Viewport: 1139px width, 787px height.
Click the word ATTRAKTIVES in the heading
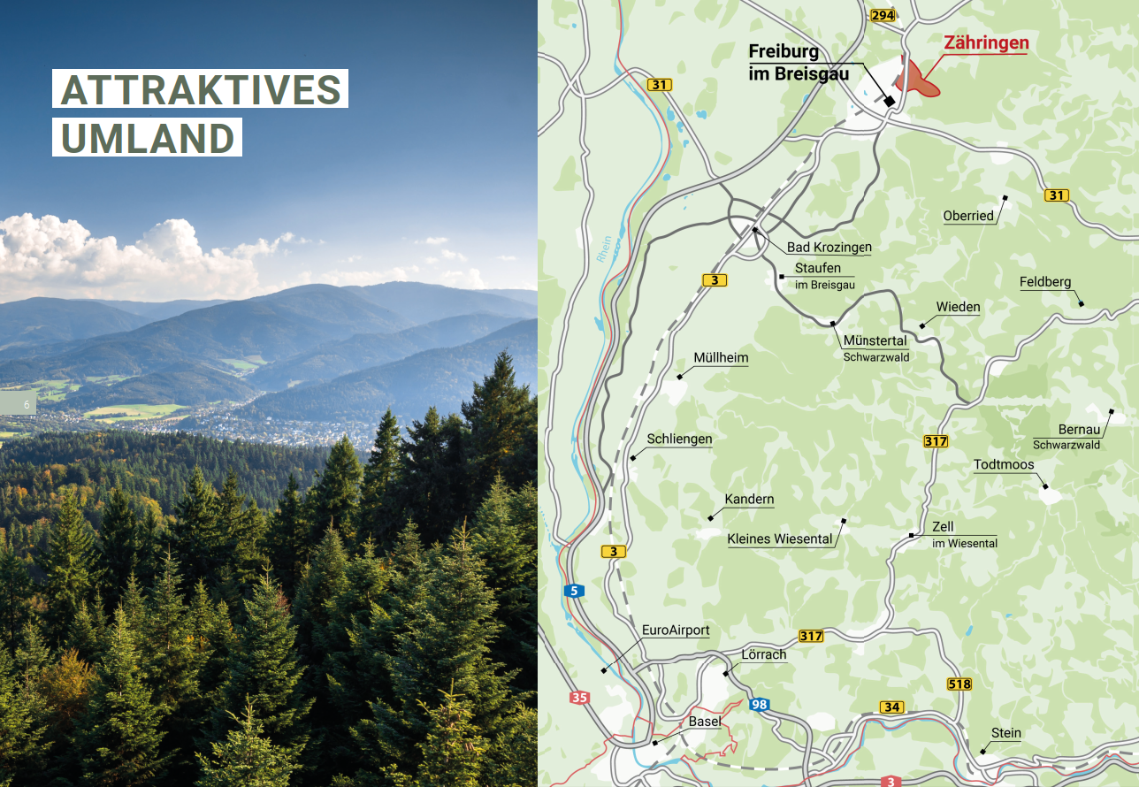(201, 89)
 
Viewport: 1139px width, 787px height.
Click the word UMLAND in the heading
(148, 138)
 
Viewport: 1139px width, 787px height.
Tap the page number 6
(27, 405)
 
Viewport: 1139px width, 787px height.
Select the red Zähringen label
(986, 42)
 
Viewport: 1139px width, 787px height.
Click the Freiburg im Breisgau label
(798, 63)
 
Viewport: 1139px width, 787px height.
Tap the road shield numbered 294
(883, 15)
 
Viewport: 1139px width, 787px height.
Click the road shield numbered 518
(959, 684)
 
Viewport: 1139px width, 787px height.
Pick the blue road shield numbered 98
(759, 705)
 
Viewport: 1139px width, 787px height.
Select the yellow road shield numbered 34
(891, 707)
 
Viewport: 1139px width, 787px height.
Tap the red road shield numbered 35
(579, 698)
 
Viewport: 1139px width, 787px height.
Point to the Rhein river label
(604, 248)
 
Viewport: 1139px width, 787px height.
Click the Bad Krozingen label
(829, 247)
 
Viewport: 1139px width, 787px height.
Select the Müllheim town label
(721, 358)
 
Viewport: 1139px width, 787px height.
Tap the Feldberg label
(1044, 282)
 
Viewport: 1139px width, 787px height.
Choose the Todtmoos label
(1004, 464)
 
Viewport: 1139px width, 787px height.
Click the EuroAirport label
(676, 630)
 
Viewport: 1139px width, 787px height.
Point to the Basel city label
(705, 722)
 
